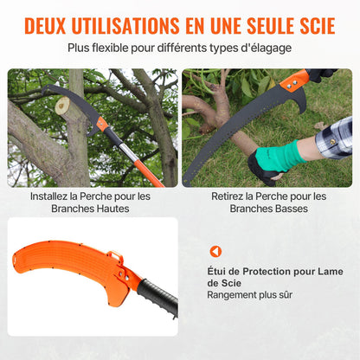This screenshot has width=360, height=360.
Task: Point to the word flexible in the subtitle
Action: click(124, 48)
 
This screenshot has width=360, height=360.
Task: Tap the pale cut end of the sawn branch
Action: click(61, 106)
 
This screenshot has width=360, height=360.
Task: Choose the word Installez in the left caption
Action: click(53, 196)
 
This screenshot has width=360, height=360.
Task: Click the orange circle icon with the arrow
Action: click(215, 251)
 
